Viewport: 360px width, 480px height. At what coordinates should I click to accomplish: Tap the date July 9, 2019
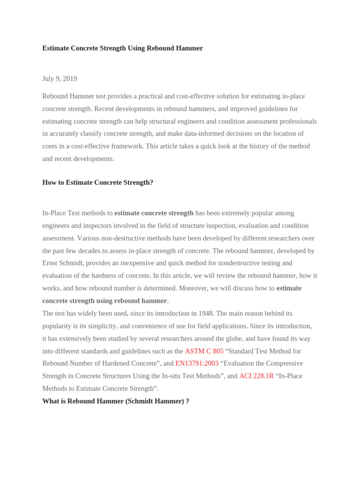[60, 79]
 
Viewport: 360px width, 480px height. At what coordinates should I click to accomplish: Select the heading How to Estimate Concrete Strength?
[97, 182]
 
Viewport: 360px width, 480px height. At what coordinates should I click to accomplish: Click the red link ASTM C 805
[204, 351]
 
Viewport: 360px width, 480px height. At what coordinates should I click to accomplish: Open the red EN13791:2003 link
[197, 363]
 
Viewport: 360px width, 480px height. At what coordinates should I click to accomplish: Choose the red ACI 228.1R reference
[256, 376]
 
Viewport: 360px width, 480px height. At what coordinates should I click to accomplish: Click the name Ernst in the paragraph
[51, 263]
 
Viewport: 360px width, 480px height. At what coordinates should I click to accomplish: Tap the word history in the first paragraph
[254, 146]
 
